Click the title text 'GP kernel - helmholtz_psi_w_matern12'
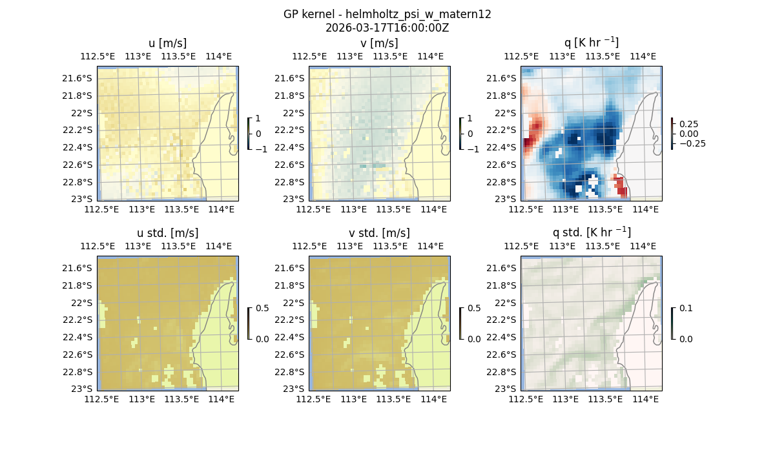(x=387, y=14)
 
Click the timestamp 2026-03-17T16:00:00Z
(x=387, y=28)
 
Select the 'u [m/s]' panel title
(x=167, y=43)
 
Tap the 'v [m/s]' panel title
(x=379, y=43)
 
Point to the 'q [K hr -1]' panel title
(x=591, y=43)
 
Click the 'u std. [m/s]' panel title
(x=167, y=233)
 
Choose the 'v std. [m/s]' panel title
(x=379, y=233)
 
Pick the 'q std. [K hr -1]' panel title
(x=591, y=232)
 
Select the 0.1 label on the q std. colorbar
(x=685, y=309)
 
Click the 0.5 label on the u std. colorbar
(x=262, y=309)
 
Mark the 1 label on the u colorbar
(x=259, y=119)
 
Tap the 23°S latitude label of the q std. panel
(x=506, y=389)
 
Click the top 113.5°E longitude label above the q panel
(x=602, y=57)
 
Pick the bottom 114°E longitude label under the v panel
(x=433, y=209)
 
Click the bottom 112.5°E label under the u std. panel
(x=101, y=399)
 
